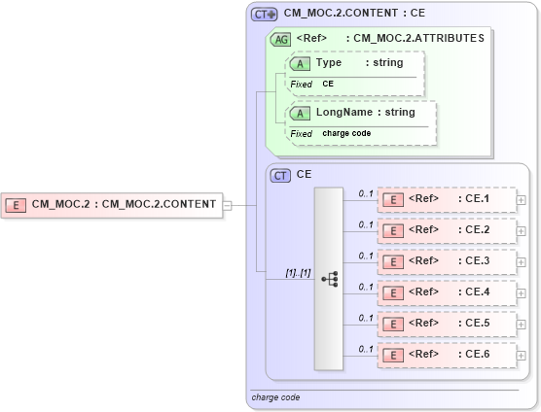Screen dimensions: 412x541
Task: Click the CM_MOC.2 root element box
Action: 112,205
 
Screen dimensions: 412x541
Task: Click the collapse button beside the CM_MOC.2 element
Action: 227,205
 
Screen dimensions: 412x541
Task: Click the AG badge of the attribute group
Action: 280,39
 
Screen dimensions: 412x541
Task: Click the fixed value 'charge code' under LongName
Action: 347,133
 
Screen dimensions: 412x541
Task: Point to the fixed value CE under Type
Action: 329,85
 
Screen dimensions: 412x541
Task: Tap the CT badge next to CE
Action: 280,176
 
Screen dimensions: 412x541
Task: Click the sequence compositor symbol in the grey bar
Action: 329,278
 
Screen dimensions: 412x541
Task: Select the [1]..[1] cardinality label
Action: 298,273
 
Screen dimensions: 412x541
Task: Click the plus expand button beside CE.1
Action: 523,200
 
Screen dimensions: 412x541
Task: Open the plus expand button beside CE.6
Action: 523,355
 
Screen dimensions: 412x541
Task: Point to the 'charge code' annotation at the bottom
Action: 275,397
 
